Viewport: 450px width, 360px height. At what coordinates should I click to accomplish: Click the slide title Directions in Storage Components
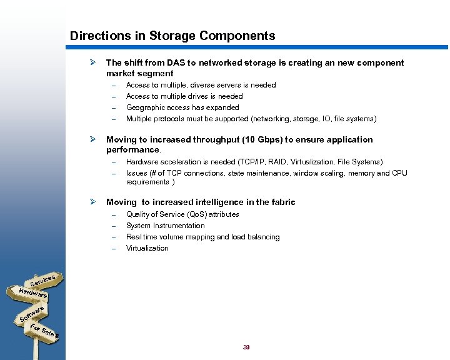point(172,36)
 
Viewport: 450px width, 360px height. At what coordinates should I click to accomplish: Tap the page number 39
point(246,347)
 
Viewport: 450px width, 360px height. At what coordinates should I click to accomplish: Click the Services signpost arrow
point(44,281)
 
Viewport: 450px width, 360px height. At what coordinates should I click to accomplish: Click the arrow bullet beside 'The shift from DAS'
point(92,62)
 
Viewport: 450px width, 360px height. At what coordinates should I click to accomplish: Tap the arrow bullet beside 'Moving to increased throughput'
point(92,139)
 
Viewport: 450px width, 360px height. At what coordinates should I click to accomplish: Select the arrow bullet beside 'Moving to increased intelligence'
point(92,202)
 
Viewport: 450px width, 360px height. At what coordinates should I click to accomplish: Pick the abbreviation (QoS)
point(194,214)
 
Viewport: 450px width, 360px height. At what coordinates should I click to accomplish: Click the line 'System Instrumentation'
point(165,226)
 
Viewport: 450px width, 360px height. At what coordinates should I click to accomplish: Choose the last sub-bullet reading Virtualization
point(147,248)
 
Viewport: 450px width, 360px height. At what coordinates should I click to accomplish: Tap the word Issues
point(137,173)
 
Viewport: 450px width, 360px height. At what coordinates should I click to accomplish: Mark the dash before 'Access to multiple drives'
point(114,96)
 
